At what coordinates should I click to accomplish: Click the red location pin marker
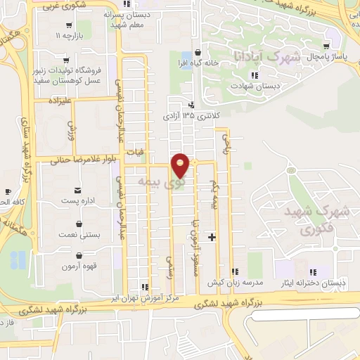tap(181, 165)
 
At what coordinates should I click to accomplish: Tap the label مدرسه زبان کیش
tap(234, 282)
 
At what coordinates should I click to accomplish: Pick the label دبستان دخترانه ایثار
tap(313, 283)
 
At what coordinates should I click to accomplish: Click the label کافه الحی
tap(9, 202)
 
